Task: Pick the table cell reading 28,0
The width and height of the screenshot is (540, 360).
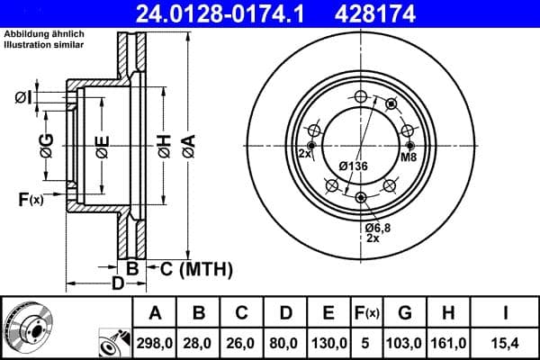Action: point(198,342)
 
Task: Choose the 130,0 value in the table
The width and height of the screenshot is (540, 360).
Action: point(327,342)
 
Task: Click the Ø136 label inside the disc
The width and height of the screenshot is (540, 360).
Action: point(354,166)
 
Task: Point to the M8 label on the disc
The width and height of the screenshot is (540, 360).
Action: point(409,157)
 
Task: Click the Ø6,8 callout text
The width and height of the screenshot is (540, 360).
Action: point(378,229)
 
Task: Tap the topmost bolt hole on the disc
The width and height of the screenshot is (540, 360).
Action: point(360,97)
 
